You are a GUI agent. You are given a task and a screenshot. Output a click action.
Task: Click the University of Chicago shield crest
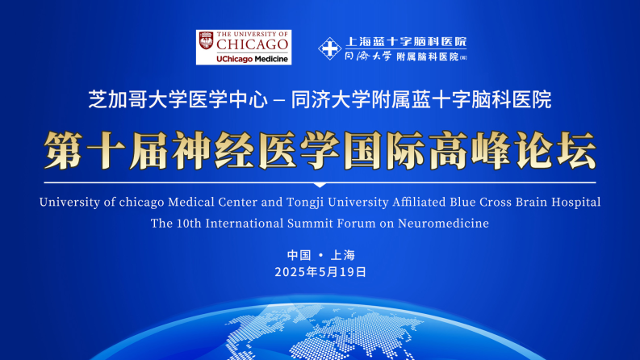206,41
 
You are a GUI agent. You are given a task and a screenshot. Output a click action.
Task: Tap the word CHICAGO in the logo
253,44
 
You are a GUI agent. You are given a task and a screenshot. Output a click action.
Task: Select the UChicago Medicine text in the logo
253,59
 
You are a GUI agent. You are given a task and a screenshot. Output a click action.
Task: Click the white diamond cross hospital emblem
330,48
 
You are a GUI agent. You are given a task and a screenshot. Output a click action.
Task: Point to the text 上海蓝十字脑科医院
406,42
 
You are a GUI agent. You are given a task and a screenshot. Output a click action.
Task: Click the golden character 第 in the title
63,150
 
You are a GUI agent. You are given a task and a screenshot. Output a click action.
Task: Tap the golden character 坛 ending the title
577,150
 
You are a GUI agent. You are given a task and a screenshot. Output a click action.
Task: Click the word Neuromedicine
443,224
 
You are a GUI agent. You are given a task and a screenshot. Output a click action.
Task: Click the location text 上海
342,255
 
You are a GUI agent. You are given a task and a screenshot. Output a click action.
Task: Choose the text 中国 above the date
299,255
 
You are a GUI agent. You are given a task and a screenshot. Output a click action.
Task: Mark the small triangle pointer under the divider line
320,186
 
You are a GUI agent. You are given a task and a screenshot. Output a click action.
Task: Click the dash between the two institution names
279,100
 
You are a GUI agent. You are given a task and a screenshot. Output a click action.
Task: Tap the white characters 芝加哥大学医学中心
178,99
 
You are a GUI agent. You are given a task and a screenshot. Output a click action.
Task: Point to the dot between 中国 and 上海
321,255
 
